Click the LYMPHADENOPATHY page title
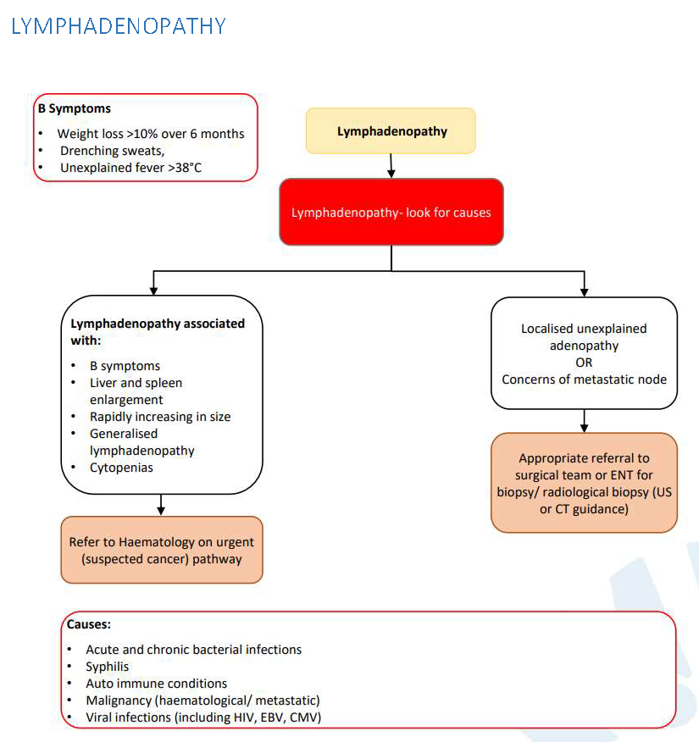(x=119, y=25)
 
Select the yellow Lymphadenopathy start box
(x=391, y=131)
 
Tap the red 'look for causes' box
(x=391, y=212)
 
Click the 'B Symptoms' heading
(x=75, y=108)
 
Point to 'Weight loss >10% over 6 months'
(x=151, y=134)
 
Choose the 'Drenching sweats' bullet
(x=113, y=151)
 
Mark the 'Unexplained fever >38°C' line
(x=131, y=168)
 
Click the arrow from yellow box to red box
(x=391, y=166)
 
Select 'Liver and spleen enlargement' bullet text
(x=136, y=390)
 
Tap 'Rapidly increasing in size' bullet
(x=160, y=416)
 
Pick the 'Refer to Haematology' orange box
(x=162, y=550)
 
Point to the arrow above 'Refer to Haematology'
(x=161, y=505)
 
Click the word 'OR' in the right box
(x=584, y=363)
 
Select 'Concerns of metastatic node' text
(x=584, y=379)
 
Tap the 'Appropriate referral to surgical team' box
(x=584, y=483)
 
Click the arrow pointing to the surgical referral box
(x=584, y=422)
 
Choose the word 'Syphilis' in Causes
(x=108, y=667)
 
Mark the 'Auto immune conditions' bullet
(x=157, y=684)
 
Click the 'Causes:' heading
(x=89, y=624)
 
